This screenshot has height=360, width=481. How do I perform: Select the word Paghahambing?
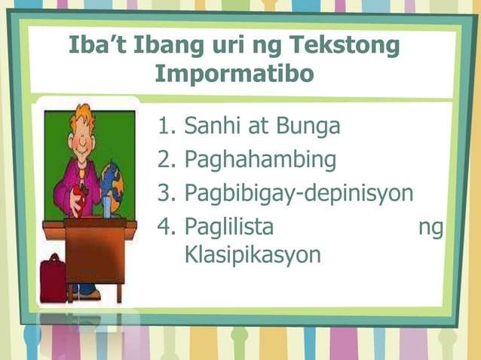259,160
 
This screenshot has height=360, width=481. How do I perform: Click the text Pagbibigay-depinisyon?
299,194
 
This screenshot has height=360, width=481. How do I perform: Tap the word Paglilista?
228,226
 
